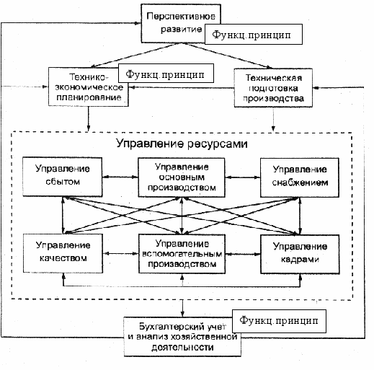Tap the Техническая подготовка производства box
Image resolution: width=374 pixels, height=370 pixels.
(x=273, y=88)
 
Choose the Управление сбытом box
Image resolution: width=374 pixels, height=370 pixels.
(x=63, y=177)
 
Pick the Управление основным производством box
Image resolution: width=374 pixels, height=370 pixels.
(x=182, y=177)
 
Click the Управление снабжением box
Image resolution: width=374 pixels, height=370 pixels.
(x=300, y=177)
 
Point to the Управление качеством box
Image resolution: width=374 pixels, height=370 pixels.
(x=63, y=253)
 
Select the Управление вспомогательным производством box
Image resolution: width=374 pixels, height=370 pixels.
(x=182, y=254)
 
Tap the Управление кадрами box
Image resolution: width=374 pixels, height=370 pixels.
(x=300, y=254)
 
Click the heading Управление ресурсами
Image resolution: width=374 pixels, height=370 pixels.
(x=182, y=144)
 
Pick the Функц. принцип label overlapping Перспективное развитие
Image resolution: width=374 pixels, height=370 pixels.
(x=254, y=34)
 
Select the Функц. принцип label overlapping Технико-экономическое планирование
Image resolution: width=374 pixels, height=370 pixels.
(x=166, y=74)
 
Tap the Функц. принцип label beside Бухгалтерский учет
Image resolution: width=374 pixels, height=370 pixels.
(x=279, y=321)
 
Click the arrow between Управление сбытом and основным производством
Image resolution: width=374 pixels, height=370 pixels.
(x=120, y=177)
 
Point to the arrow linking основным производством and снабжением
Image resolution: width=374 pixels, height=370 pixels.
(x=243, y=177)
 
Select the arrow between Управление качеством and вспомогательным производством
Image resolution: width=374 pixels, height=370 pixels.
(x=120, y=253)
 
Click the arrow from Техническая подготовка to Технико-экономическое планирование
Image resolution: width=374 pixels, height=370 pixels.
(x=181, y=87)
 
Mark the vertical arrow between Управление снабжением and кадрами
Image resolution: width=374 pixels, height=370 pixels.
(x=300, y=216)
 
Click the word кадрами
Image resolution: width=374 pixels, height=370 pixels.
(x=300, y=260)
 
